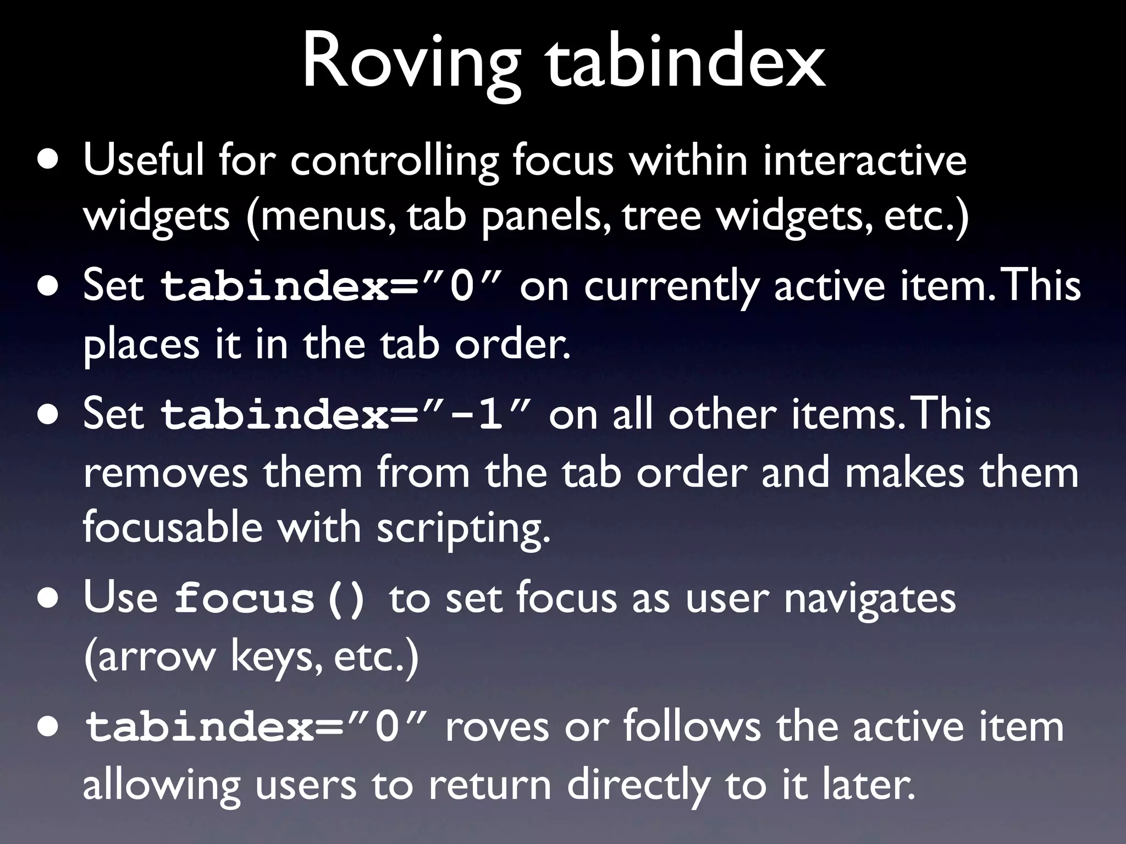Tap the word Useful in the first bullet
(x=143, y=160)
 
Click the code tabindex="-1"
(x=346, y=415)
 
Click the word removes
(x=165, y=474)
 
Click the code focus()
(x=270, y=599)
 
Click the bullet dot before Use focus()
(x=48, y=599)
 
